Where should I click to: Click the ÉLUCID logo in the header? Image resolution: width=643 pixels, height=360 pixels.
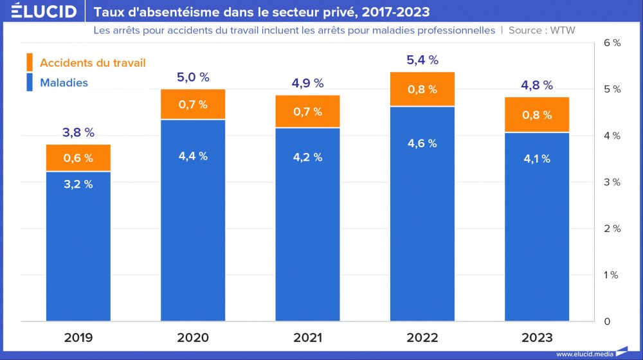click(44, 12)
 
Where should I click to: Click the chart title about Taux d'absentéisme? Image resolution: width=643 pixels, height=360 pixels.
click(262, 12)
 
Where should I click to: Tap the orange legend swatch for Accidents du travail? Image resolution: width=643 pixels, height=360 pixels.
click(29, 62)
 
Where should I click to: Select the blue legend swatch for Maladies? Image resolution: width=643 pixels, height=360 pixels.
click(29, 82)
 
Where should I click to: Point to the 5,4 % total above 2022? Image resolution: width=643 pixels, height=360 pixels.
click(422, 60)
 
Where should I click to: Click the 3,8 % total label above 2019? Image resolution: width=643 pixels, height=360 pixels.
click(78, 133)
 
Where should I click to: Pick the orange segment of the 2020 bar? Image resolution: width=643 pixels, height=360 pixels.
click(193, 104)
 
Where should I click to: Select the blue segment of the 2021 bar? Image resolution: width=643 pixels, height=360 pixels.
click(307, 225)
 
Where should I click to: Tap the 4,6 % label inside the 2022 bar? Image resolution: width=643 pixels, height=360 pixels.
click(422, 143)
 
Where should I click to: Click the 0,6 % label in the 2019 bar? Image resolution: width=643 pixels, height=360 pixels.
click(78, 158)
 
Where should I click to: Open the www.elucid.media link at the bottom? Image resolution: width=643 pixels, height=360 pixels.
click(583, 354)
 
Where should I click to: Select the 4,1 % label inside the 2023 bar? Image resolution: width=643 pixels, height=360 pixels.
click(537, 159)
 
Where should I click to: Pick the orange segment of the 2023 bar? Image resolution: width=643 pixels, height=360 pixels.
click(537, 114)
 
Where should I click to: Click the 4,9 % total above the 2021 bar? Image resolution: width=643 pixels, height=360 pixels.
click(307, 84)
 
